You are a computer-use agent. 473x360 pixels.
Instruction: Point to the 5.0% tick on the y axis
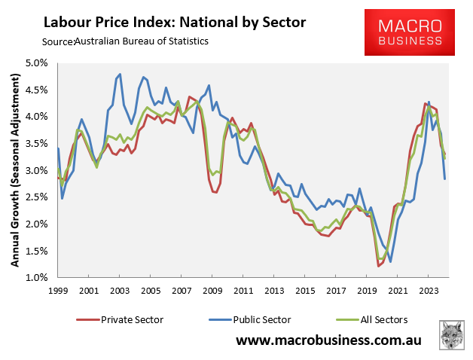(36, 63)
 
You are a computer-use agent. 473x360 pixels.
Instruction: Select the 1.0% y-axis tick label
(36, 278)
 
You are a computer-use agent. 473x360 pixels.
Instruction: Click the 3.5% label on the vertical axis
(36, 143)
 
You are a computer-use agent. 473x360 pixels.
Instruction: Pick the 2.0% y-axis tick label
(36, 224)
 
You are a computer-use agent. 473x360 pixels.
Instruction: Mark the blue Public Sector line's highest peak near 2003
(121, 75)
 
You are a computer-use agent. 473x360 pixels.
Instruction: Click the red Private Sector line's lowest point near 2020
(378, 266)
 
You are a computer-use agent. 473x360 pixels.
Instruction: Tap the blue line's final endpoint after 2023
(445, 178)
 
